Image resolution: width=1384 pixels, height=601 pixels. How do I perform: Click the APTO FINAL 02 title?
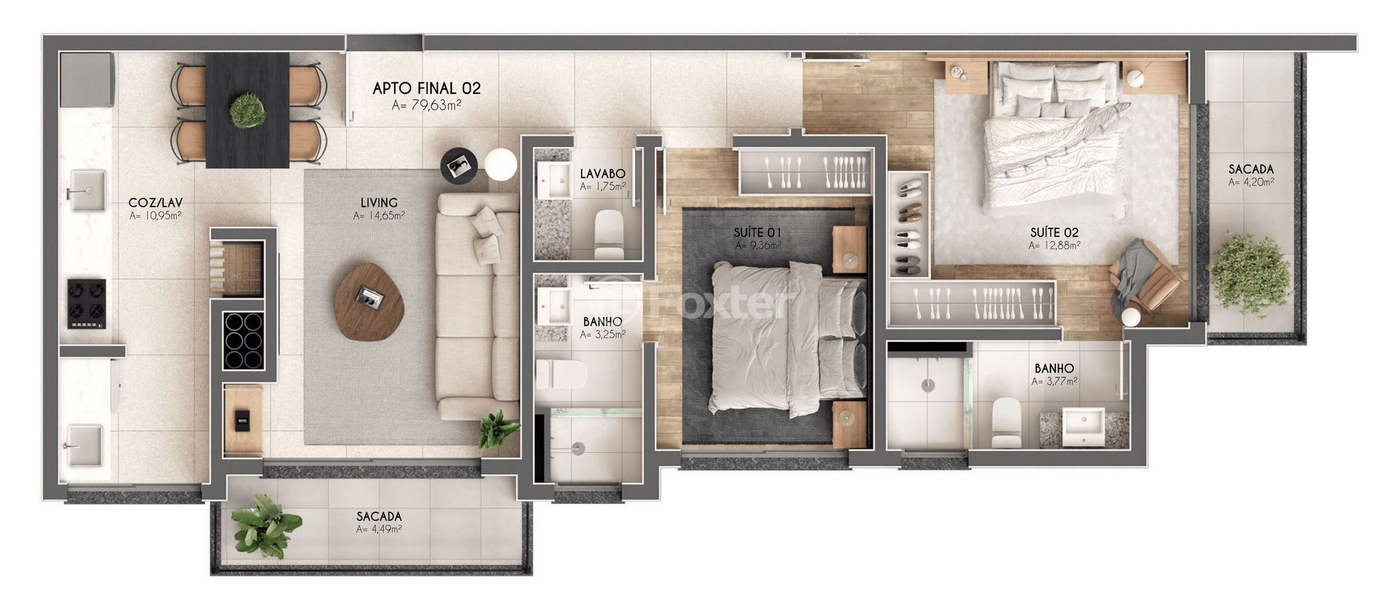pos(426,88)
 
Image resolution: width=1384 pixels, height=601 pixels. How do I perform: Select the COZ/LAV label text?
pos(155,202)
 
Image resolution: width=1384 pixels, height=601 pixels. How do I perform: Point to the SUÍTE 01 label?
pos(758,232)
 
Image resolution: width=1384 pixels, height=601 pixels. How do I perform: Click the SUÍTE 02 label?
pos(1054,232)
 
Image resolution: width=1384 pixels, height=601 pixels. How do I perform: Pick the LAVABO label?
pos(602,173)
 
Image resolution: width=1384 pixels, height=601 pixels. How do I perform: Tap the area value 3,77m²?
pos(1054,382)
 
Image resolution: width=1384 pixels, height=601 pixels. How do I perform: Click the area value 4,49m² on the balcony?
pos(379,529)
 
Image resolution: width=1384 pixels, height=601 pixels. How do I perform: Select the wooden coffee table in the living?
pos(367,300)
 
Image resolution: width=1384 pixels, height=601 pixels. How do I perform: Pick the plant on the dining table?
pos(248,110)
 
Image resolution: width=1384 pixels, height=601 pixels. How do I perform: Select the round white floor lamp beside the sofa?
pos(500,164)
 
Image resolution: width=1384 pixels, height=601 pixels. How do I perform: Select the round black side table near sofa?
pos(458,164)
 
